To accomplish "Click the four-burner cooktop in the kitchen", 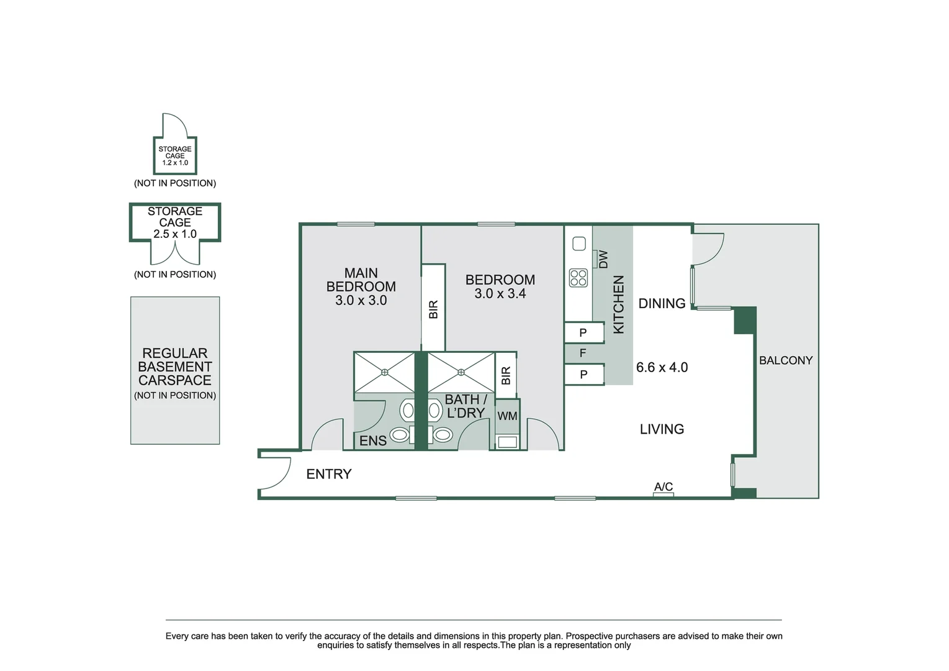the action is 578,278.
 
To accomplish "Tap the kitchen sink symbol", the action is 578,244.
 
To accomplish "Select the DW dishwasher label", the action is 603,259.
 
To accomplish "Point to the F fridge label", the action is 583,353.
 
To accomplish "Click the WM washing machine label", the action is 507,416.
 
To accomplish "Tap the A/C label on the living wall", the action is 663,486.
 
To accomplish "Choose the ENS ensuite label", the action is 373,440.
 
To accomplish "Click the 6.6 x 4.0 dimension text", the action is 662,367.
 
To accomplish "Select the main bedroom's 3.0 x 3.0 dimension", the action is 361,300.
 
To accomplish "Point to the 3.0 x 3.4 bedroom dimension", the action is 500,293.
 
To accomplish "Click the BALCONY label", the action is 786,360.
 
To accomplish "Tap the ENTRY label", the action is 329,474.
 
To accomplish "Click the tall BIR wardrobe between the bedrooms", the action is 433,308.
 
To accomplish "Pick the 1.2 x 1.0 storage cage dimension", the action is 175,163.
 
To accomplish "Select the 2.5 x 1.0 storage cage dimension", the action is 175,234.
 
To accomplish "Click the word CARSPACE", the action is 175,380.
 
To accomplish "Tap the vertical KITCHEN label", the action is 619,304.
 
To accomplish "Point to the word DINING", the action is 662,303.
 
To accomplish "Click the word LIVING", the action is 662,429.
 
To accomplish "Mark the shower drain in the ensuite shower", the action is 384,372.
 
